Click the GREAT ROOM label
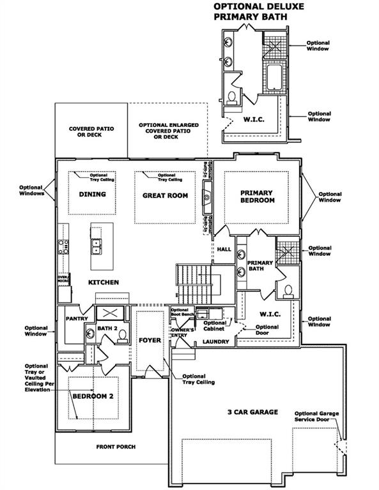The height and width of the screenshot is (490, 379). click(x=165, y=196)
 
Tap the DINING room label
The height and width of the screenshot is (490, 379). click(x=92, y=195)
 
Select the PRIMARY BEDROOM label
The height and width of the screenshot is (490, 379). click(x=257, y=197)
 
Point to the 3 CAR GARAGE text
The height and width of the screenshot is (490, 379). click(x=252, y=412)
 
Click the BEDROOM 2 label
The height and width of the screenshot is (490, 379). click(x=93, y=396)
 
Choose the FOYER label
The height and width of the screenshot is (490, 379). click(x=150, y=340)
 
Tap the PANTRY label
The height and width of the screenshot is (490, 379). click(x=75, y=318)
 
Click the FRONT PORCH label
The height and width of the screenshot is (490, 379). click(x=116, y=447)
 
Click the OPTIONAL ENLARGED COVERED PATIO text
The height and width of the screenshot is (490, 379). click(x=168, y=130)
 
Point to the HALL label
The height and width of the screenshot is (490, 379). click(x=223, y=250)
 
